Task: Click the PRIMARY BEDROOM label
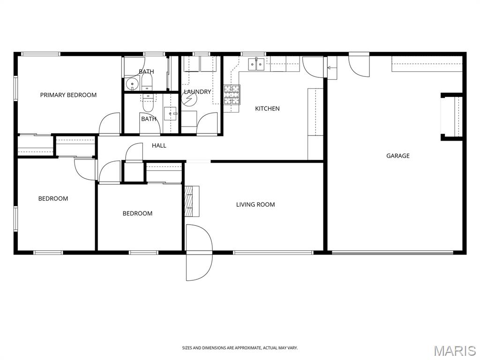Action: pos(68,95)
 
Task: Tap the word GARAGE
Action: pos(397,156)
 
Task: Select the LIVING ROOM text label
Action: pos(255,204)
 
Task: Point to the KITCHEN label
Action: pos(267,108)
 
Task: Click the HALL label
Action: pos(159,145)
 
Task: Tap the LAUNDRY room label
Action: pos(197,92)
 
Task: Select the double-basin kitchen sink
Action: pos(256,64)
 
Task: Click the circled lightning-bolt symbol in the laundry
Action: pos(190,100)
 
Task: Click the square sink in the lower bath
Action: pos(171,113)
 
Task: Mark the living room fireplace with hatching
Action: pos(191,201)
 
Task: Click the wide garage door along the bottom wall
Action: pos(392,253)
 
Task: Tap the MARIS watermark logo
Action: pos(454,350)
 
